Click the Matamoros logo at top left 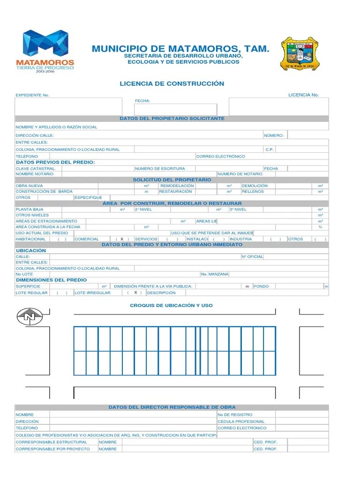tap(45, 50)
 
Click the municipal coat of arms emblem tap(300, 54)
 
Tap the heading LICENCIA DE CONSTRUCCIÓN tap(172, 83)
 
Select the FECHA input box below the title tap(175, 110)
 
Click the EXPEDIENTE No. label tap(32, 95)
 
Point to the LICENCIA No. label tap(303, 95)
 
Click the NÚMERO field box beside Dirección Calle tap(307, 135)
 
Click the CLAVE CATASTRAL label tap(36, 168)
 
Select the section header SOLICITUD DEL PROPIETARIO tap(172, 180)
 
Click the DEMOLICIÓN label tap(255, 186)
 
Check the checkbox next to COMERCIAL tap(121, 239)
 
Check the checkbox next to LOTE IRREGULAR tap(135, 292)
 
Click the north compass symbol tap(30, 317)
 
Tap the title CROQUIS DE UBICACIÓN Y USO tap(171, 305)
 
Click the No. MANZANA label tap(215, 274)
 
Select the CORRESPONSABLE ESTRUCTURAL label tap(51, 442)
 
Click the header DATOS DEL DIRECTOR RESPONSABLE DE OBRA tap(172, 407)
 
